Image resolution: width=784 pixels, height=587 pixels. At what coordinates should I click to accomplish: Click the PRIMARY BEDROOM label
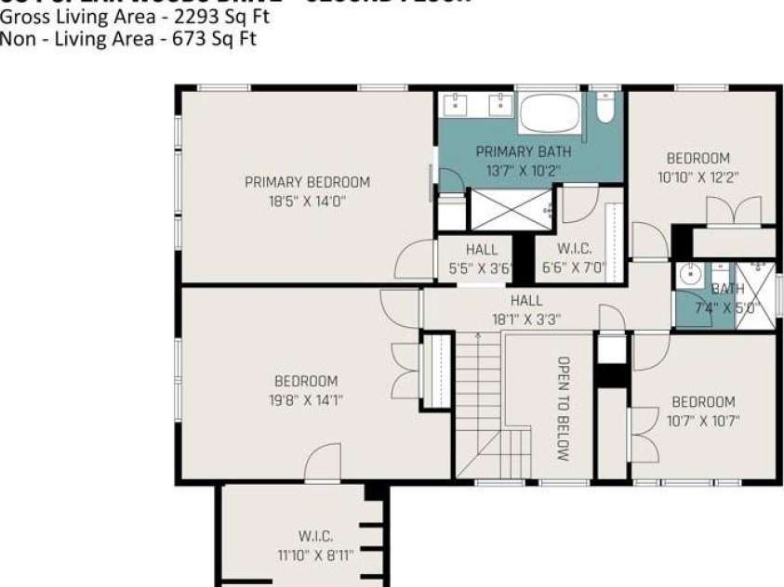pos(307,182)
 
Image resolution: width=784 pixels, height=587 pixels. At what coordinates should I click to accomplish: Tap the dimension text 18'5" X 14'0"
pos(307,200)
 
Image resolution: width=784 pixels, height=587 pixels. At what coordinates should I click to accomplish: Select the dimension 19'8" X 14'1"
pos(306,399)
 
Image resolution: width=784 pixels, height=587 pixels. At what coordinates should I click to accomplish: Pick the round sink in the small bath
pos(689,275)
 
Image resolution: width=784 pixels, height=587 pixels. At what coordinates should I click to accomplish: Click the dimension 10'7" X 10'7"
pos(703,420)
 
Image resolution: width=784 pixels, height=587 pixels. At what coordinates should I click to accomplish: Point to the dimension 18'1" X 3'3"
pos(525,319)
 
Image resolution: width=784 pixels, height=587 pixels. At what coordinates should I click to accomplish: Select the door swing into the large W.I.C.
pos(323,463)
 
